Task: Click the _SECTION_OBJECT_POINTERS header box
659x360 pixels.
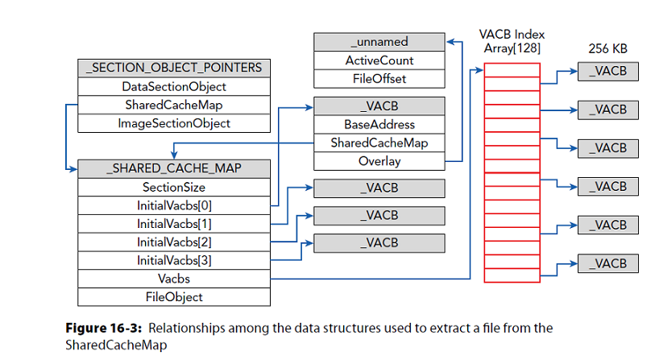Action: (x=174, y=68)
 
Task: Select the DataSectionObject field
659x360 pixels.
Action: (x=174, y=87)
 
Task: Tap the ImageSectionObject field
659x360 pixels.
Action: (x=174, y=123)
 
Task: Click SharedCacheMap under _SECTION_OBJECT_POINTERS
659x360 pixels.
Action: (x=174, y=106)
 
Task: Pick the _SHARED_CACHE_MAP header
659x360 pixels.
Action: (x=174, y=168)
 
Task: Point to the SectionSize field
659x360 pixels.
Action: (x=174, y=187)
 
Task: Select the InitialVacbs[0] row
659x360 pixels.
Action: (x=174, y=205)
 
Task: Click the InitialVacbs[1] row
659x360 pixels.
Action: (x=174, y=223)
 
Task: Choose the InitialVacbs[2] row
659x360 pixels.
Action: (x=174, y=242)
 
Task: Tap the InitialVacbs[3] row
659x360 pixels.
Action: (x=174, y=260)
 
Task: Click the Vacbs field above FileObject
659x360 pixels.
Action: (x=174, y=279)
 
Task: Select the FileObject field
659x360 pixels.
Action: (x=174, y=297)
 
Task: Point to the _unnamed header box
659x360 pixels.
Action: (x=379, y=42)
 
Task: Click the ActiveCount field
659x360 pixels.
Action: (x=379, y=60)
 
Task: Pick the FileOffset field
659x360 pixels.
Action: (x=379, y=79)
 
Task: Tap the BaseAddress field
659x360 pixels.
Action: (x=379, y=125)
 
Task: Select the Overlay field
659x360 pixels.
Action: (x=379, y=161)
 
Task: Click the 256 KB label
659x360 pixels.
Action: (x=607, y=49)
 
